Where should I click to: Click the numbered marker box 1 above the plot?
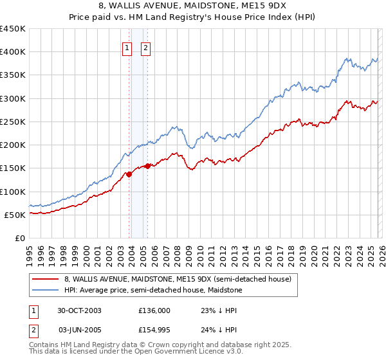click(x=127, y=48)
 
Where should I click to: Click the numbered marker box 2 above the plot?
click(x=145, y=48)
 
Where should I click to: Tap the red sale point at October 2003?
click(x=129, y=174)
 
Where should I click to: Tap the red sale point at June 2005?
click(x=148, y=166)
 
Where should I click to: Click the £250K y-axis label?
click(x=13, y=122)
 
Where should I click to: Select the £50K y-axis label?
click(x=15, y=215)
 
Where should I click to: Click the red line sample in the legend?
click(x=46, y=279)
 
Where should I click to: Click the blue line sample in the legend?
click(x=46, y=291)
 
